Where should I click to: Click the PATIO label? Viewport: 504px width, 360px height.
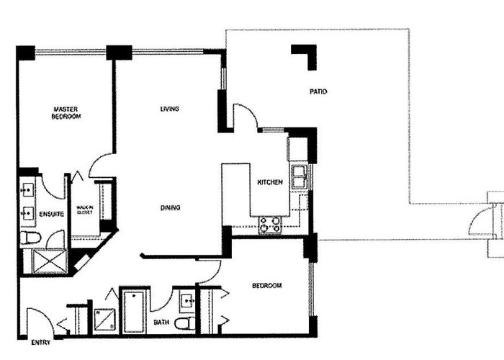tap(318, 91)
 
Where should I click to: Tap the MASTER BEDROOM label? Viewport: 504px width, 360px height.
tap(66, 113)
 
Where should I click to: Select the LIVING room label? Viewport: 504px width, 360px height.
tap(170, 109)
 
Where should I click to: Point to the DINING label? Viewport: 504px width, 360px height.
tap(170, 208)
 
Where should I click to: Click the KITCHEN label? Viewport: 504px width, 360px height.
tap(270, 182)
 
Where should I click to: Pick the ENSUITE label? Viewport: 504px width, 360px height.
tap(51, 214)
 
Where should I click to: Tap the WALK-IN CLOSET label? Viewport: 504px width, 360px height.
tap(85, 210)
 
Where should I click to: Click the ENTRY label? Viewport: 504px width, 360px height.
tap(41, 343)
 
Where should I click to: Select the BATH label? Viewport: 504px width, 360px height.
tap(161, 322)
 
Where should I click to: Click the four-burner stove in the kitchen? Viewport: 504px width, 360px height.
tap(270, 225)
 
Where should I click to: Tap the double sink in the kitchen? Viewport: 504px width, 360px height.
tap(300, 176)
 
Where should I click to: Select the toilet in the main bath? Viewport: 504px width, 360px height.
tap(185, 323)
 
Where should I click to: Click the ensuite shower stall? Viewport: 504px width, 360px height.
tap(50, 261)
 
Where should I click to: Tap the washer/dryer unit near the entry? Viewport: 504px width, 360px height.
tap(104, 319)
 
